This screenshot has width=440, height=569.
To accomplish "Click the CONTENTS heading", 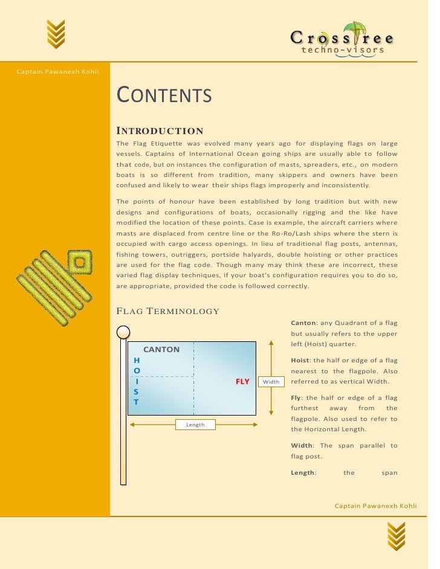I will click(163, 95).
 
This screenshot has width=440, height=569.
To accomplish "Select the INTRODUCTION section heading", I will click(160, 131).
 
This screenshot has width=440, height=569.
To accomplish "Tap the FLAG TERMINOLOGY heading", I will click(167, 311).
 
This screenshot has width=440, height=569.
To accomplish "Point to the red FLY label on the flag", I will click(242, 382).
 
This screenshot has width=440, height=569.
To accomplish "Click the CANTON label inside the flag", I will click(161, 349).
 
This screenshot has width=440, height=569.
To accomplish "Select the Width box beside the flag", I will click(271, 382).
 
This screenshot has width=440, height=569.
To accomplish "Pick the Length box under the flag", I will click(195, 425).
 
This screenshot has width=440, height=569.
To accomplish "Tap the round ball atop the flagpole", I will click(123, 332).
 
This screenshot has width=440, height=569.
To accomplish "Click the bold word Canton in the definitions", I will click(302, 323).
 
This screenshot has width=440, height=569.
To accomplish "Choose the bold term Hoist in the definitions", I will click(300, 360).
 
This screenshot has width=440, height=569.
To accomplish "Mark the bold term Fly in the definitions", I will click(297, 397).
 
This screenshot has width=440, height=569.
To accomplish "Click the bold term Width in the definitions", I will click(302, 445).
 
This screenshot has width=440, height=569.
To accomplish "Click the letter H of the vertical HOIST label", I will click(136, 360).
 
